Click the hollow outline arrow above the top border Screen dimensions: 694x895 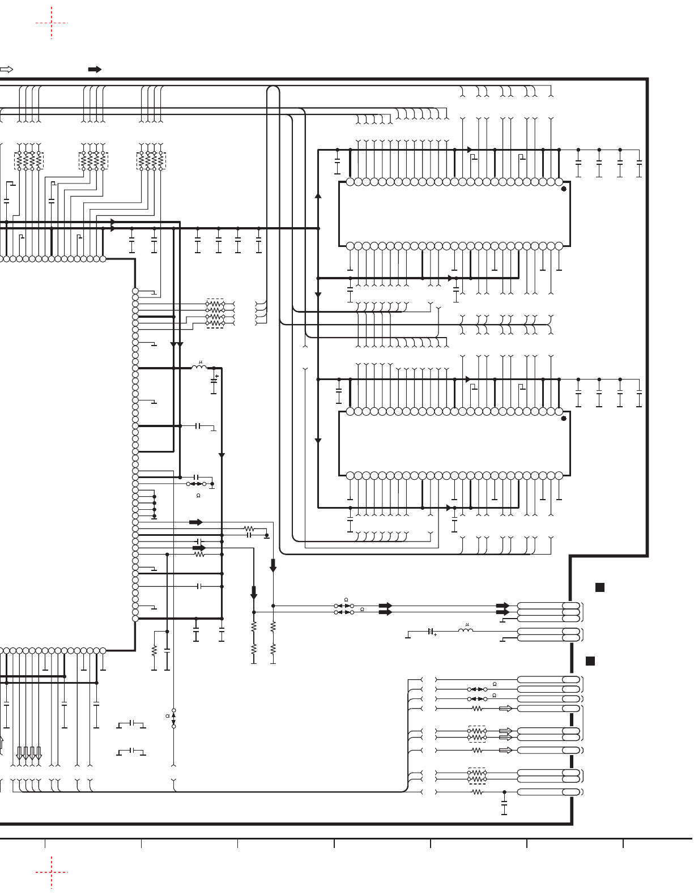click(6, 70)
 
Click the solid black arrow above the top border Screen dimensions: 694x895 click(95, 70)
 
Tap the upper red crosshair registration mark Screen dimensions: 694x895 click(52, 23)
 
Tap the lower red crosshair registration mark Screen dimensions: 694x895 click(52, 872)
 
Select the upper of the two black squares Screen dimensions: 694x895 click(599, 587)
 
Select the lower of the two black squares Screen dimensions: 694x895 click(590, 661)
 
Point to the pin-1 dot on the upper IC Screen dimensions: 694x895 click(563, 189)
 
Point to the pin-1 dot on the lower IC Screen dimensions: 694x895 click(563, 419)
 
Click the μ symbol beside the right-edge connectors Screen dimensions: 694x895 click(467, 625)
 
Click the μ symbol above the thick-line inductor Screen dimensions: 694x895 click(200, 362)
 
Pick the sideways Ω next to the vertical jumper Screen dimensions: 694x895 click(167, 716)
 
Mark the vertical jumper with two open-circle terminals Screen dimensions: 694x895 click(174, 718)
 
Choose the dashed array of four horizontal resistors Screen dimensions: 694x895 click(215, 313)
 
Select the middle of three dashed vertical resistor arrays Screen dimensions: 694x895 click(93, 161)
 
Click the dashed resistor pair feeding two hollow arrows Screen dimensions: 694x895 click(477, 734)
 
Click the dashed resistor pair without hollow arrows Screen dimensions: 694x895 click(477, 776)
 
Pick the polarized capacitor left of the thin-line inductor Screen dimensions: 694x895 click(431, 631)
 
